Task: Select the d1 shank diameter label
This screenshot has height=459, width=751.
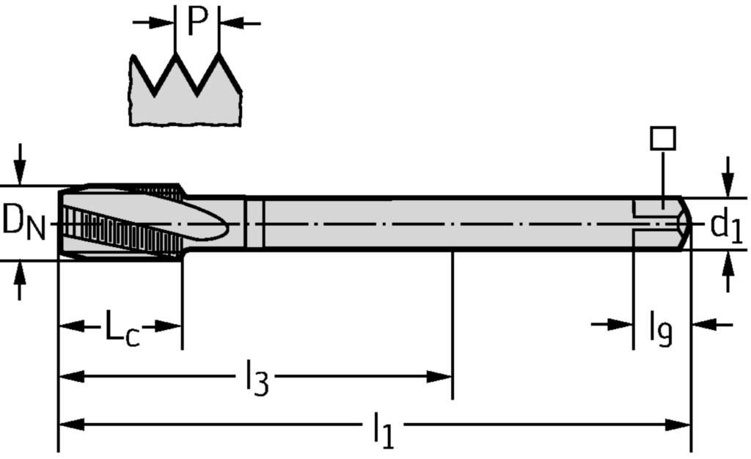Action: (x=726, y=227)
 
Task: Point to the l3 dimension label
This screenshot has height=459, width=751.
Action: (x=256, y=380)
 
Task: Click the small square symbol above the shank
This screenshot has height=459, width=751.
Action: (x=663, y=138)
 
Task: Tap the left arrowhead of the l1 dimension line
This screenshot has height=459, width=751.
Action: (x=70, y=425)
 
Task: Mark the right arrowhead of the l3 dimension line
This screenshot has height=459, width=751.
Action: (x=442, y=377)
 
